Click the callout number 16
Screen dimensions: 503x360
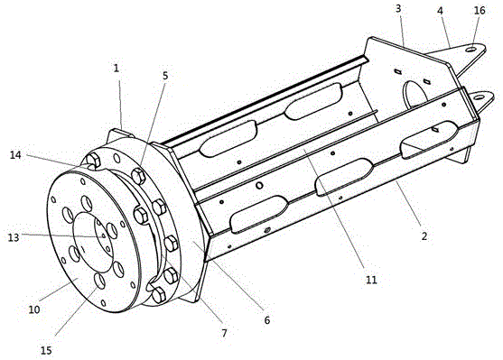coord(480,11)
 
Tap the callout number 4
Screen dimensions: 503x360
coord(440,11)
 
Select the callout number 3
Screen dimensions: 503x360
coord(398,9)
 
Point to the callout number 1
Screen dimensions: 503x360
coord(116,68)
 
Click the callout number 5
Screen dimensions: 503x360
coord(165,76)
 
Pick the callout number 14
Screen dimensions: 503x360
coord(15,155)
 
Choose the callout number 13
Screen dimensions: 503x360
coord(14,237)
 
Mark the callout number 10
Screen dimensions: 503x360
coord(34,309)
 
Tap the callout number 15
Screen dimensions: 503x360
coord(46,350)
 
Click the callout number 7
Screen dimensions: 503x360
coord(224,334)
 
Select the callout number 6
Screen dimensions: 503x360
coord(267,320)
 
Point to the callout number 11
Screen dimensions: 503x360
coord(371,280)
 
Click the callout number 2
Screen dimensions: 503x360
coord(424,236)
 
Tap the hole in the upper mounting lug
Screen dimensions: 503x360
coord(471,49)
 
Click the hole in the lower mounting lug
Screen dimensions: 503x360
coord(478,97)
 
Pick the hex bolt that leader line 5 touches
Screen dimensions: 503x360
coord(138,176)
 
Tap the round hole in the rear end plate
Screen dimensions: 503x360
coord(415,95)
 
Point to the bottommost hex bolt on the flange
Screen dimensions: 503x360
coord(159,295)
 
